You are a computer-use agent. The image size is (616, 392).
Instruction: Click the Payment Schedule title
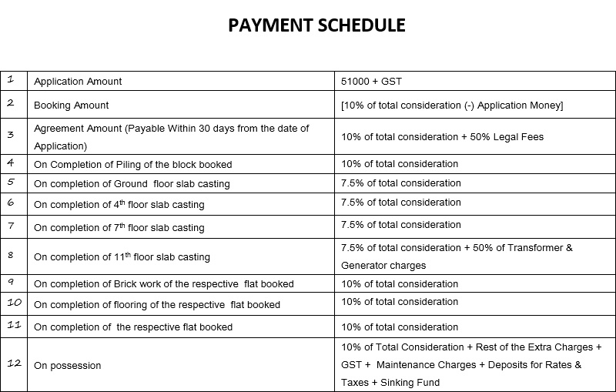point(316,25)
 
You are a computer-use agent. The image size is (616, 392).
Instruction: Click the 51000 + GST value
point(371,82)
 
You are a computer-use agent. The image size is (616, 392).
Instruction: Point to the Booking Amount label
point(72,105)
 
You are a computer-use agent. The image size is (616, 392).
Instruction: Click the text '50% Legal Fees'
point(508,137)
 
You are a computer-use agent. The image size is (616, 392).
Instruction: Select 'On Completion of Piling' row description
point(132,164)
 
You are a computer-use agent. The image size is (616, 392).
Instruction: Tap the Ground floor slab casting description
point(132,184)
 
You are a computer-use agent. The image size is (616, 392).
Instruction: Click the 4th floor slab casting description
point(119,205)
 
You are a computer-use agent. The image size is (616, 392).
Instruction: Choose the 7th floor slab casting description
point(119,227)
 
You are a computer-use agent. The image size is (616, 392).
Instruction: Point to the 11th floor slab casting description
point(122,256)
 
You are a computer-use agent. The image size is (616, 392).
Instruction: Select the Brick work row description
point(164,283)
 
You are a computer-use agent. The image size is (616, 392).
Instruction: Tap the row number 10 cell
point(14,303)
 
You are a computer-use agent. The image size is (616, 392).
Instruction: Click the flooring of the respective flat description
point(157,304)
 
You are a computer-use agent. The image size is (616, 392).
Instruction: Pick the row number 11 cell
point(14,326)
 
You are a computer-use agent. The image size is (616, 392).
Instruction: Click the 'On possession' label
point(68,366)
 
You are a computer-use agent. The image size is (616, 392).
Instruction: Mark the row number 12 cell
point(14,364)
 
